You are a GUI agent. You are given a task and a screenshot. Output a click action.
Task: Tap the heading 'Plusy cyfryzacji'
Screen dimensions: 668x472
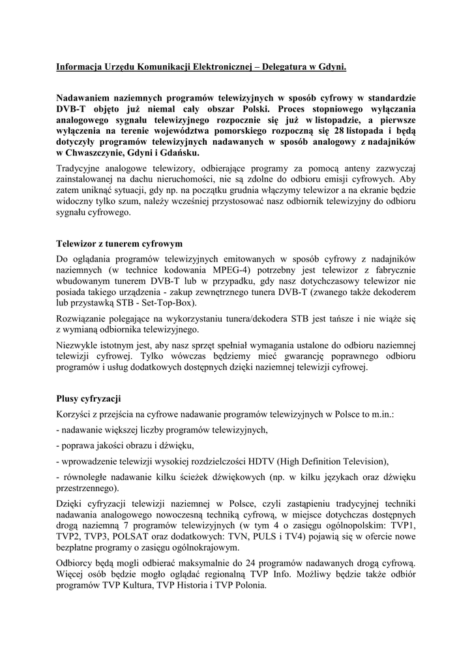pyautogui.click(x=89, y=398)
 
